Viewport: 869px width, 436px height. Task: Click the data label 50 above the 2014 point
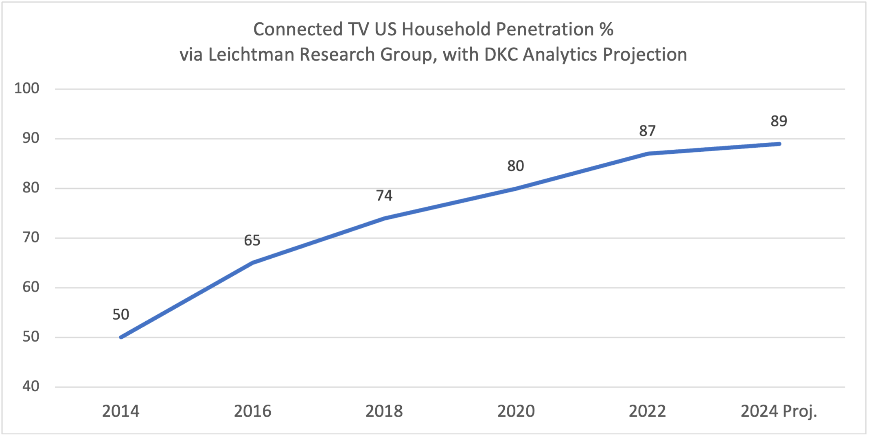tap(120, 314)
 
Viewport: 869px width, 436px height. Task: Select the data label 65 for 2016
tap(252, 240)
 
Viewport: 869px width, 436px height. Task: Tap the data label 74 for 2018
tap(384, 196)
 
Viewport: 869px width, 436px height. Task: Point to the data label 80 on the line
tap(515, 166)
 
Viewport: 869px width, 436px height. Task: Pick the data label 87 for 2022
tap(647, 131)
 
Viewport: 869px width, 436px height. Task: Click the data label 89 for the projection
tap(779, 121)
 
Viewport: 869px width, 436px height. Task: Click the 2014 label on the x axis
tap(120, 411)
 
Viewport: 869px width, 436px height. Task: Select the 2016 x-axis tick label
tap(252, 411)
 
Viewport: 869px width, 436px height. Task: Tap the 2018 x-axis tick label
tap(384, 411)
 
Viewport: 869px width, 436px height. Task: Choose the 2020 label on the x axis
tap(516, 411)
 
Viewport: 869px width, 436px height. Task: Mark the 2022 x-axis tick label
tap(647, 411)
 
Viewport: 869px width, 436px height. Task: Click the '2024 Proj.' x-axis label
tap(779, 411)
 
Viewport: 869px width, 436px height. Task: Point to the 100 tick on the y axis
tap(27, 88)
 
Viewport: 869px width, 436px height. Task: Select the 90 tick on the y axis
tap(31, 138)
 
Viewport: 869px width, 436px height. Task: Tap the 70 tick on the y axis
tap(31, 238)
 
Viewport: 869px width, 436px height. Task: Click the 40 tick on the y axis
tap(31, 386)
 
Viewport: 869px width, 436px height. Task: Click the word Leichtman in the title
tap(252, 54)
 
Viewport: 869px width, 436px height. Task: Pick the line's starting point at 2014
tap(121, 337)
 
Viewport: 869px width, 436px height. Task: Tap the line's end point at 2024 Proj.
tap(779, 144)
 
